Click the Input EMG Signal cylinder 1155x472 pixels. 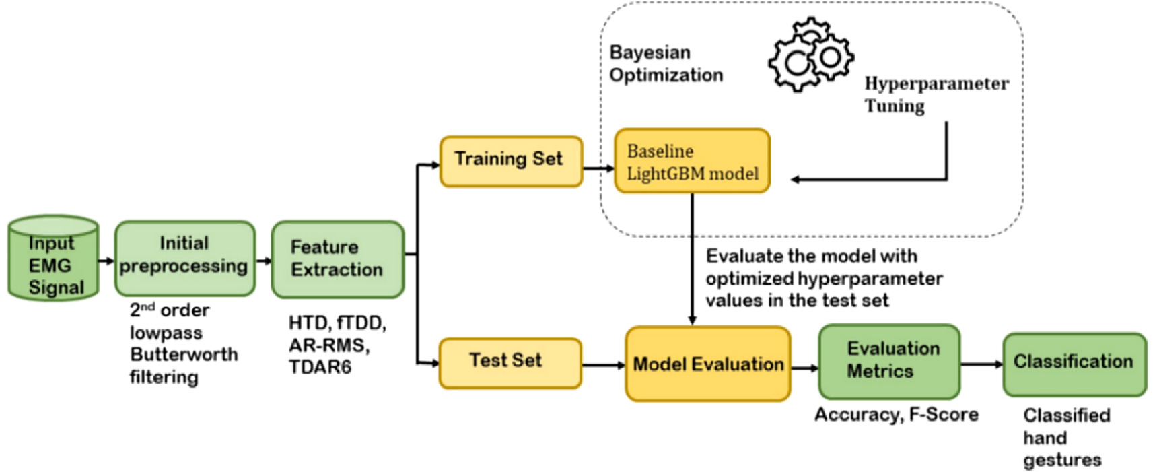pos(53,259)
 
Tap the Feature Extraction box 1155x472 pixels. pos(337,259)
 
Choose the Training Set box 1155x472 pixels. pos(510,161)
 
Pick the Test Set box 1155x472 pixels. pos(510,362)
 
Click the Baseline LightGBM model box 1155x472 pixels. pos(691,162)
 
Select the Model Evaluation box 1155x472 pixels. pos(707,364)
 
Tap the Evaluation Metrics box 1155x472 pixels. pos(888,361)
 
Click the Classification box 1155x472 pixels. pos(1074,363)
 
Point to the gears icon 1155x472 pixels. pos(810,56)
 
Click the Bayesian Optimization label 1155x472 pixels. pos(665,64)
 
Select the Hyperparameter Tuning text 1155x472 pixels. pos(936,95)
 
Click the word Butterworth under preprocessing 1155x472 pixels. pos(184,355)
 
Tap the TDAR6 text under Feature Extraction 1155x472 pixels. pos(320,368)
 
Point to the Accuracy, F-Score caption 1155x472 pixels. pos(896,415)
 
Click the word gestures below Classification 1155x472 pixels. pos(1062,461)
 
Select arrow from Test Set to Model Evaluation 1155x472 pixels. pos(603,365)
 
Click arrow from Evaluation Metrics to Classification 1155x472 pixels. pos(981,364)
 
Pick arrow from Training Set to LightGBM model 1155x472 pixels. pos(598,168)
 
